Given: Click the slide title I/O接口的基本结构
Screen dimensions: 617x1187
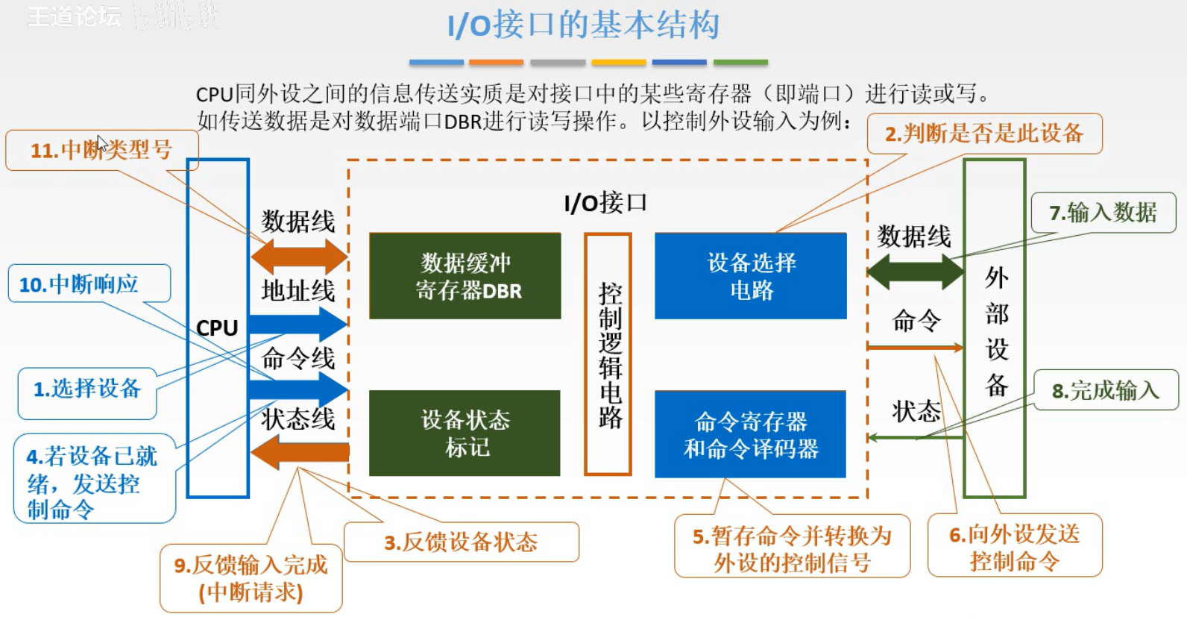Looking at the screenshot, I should point(583,25).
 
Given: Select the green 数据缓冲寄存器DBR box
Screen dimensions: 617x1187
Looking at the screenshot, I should point(465,276).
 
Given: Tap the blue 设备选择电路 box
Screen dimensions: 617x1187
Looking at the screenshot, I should point(751,276).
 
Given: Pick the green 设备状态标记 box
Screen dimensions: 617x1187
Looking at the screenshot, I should point(465,433).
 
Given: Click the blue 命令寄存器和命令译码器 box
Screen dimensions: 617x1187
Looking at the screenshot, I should point(750,434).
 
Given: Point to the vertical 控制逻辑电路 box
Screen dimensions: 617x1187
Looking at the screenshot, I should point(608,354).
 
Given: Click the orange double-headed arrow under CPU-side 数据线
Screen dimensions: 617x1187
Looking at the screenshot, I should point(299,257).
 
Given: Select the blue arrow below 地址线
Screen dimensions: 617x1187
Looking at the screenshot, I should point(298,324).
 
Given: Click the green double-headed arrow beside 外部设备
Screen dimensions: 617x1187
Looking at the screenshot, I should point(916,272).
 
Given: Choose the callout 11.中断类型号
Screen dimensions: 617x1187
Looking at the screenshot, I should point(101,150).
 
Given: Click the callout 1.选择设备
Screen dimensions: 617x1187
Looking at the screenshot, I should point(87,389).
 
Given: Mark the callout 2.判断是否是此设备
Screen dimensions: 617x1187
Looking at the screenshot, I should point(983,134).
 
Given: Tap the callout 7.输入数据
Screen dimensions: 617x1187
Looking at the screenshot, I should point(1103,213).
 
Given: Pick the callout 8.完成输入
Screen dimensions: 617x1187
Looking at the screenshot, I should point(1106,390).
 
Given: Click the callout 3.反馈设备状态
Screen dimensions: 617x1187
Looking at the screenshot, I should point(461,542).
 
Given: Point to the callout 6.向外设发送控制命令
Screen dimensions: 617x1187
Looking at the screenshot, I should point(1014,546).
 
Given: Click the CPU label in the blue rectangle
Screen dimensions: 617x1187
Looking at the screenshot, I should point(217,328).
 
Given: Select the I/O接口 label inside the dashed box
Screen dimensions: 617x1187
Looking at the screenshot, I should point(605,203).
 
